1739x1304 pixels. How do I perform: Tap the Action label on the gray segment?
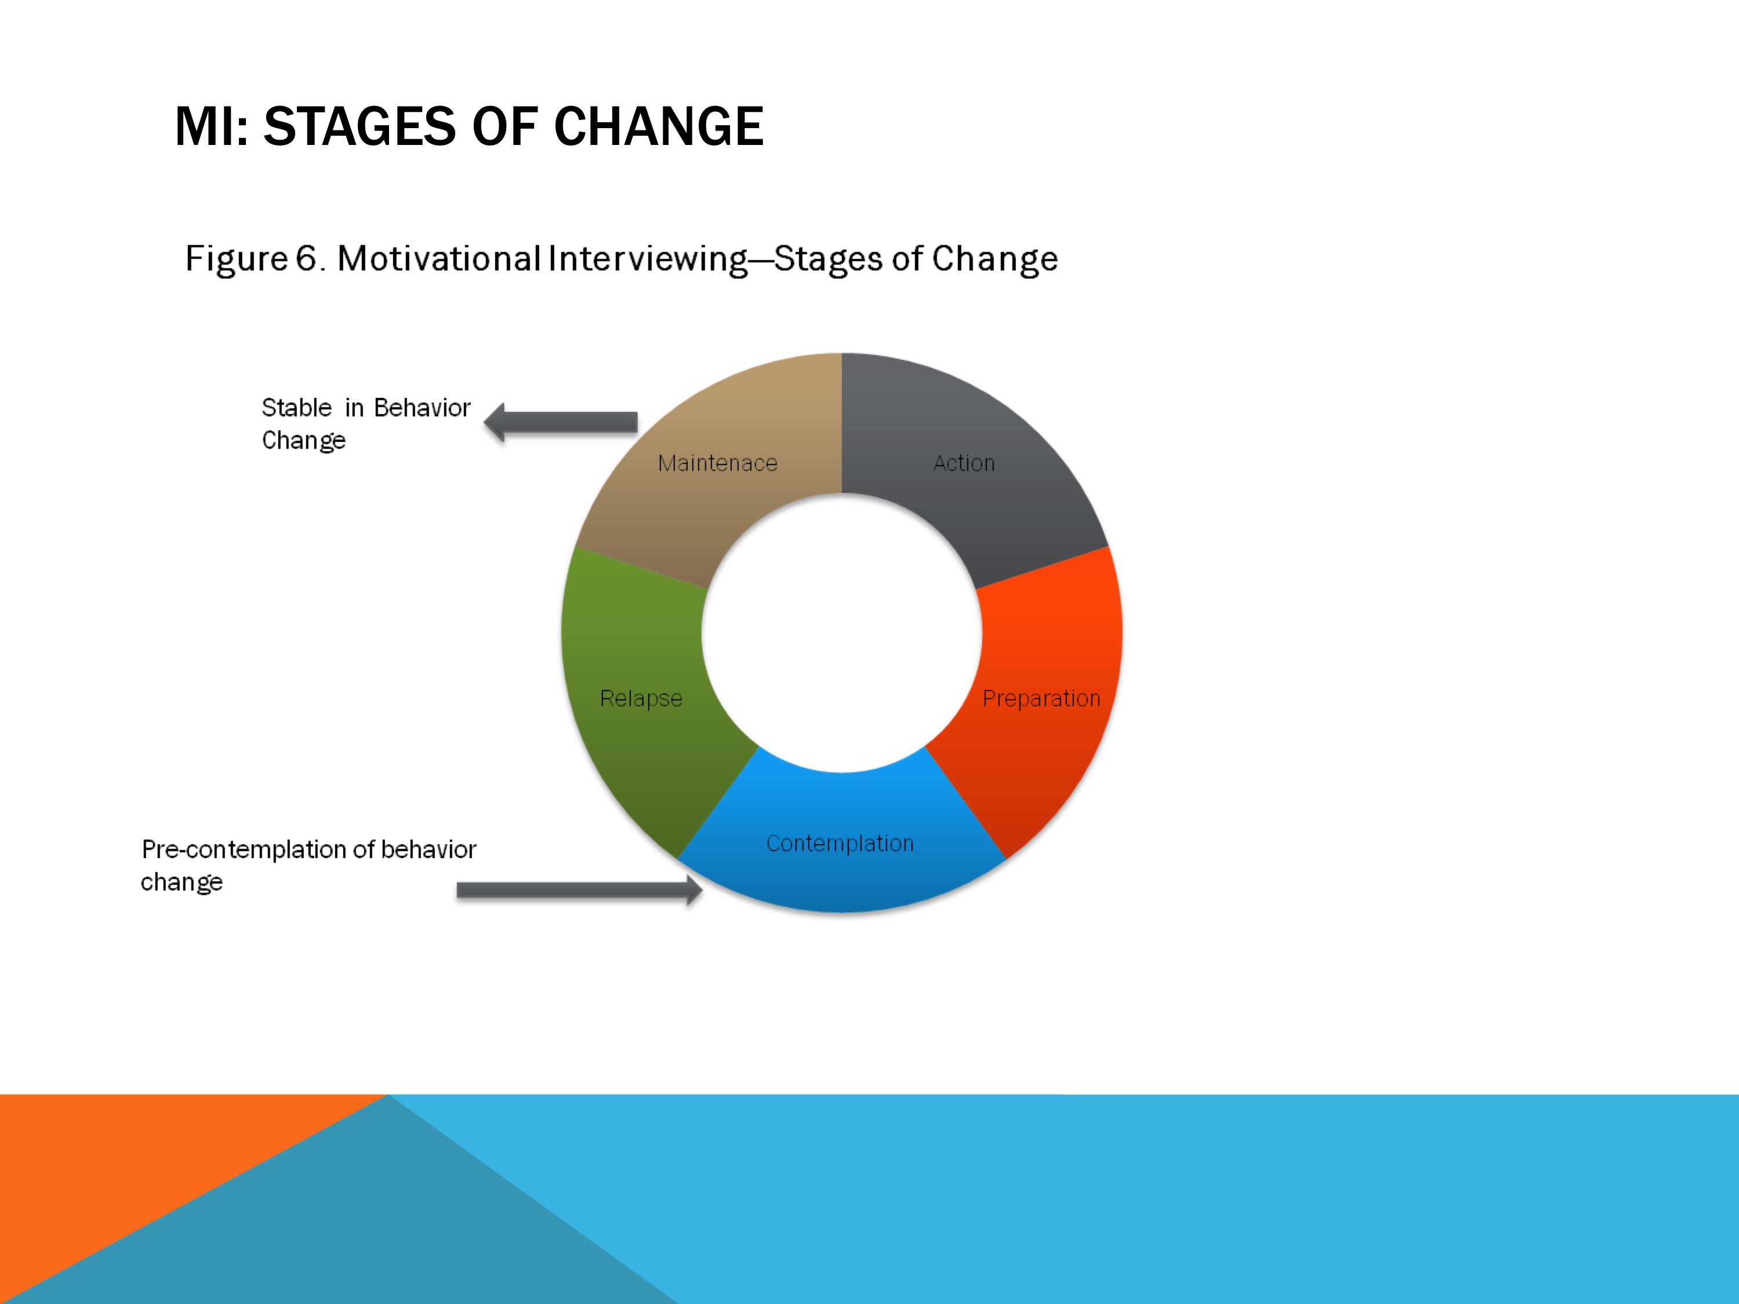[x=964, y=463]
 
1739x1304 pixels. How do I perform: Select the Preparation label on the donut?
[x=1041, y=699]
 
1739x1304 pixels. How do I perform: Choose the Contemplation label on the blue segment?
[x=840, y=844]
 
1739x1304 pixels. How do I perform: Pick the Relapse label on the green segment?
[x=641, y=699]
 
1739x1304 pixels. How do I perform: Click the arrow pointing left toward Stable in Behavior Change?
[x=561, y=422]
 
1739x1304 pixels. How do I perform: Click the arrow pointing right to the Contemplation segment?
[x=579, y=890]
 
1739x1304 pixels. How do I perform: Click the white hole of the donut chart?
[x=842, y=633]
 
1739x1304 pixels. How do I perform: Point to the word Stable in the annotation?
[x=296, y=408]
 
